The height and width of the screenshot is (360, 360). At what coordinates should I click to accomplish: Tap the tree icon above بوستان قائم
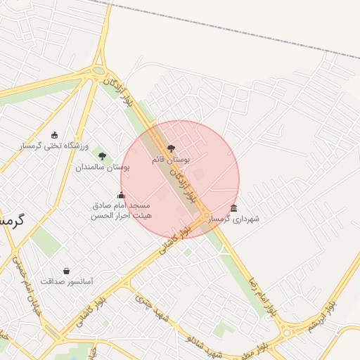pos(171,148)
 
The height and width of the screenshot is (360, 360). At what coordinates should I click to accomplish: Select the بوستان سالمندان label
pos(103,168)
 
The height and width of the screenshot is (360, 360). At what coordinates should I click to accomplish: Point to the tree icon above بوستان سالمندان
pos(103,156)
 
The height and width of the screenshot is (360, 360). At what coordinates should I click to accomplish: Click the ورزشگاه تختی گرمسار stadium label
pos(55,146)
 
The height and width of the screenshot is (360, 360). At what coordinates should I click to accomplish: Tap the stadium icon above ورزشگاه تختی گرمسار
pos(55,134)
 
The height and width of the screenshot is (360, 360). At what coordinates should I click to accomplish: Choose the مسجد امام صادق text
pos(122,206)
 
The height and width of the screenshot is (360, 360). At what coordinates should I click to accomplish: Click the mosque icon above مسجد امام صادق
pos(121,195)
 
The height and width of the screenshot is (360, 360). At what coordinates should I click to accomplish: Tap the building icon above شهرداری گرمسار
pos(233,208)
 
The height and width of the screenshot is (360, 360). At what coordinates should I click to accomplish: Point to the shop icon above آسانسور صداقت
pos(66,270)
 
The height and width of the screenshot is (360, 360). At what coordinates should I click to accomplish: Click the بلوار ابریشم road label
pos(322,316)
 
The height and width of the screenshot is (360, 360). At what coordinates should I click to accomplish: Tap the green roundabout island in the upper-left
pos(98,71)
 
